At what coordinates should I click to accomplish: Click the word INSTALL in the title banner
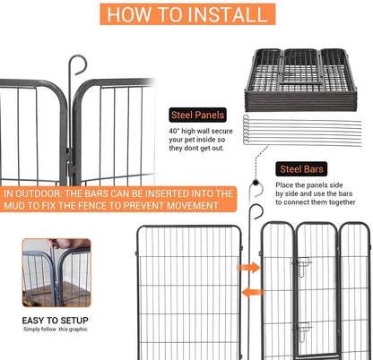coord(220,14)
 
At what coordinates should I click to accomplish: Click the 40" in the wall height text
coord(176,133)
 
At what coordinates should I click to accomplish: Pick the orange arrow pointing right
coord(249,266)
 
